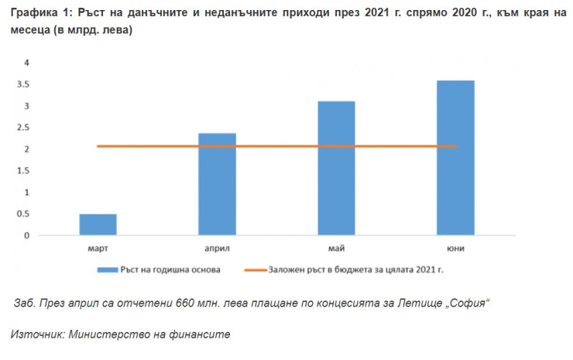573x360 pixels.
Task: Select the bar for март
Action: coord(98,225)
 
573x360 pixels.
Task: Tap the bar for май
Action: coord(336,168)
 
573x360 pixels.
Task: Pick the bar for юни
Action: coord(455,158)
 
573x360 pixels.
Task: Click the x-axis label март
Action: coord(98,249)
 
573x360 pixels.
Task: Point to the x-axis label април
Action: coord(217,249)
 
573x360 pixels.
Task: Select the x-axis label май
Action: coord(336,249)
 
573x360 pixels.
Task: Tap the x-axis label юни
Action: coord(455,249)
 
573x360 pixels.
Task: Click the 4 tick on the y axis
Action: coord(26,63)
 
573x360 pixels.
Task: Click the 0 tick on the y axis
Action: coord(26,235)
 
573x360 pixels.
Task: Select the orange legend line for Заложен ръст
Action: coord(255,269)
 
